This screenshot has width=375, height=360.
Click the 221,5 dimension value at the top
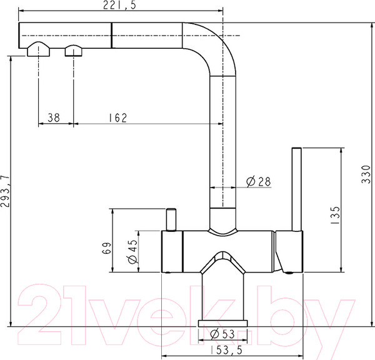(119, 5)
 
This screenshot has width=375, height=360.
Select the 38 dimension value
(54, 117)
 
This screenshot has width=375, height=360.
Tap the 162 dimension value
(117, 117)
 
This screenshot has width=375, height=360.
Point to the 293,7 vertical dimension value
(5, 191)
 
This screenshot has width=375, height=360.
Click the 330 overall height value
(366, 174)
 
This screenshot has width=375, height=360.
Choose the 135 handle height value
(335, 215)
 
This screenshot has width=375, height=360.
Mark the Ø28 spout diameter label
(259, 181)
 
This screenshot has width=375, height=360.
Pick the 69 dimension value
(107, 248)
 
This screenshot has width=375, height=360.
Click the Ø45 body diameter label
(133, 251)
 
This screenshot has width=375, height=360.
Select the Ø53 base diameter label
(222, 334)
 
